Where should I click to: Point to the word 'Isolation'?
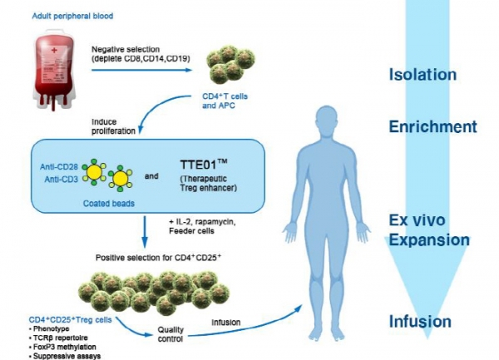coord(422,74)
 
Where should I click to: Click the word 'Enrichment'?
coord(432,127)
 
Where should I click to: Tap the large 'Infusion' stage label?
coord(420,322)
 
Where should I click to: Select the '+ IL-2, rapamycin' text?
coord(200,220)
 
